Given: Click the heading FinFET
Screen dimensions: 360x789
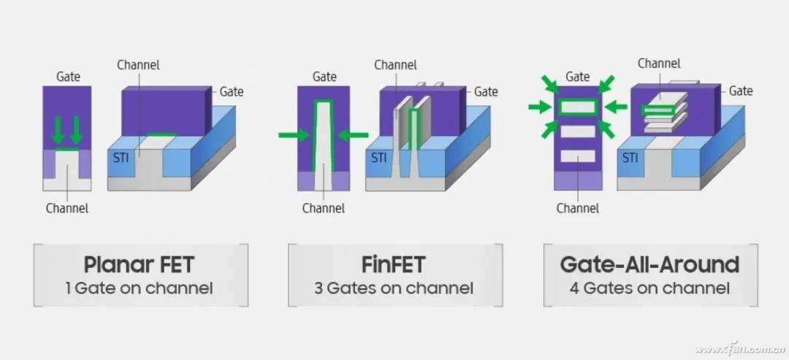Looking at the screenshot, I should [x=394, y=264].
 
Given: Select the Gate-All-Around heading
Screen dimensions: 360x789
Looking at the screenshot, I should [x=649, y=264].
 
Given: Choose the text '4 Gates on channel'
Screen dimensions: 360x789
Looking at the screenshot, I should [x=649, y=288].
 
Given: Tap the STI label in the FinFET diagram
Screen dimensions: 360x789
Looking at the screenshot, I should [x=378, y=156].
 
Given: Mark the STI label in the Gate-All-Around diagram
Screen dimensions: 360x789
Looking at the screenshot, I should [x=630, y=157].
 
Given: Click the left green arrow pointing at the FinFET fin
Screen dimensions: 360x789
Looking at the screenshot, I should [x=293, y=134].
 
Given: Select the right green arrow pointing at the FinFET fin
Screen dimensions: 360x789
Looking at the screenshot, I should [x=354, y=134].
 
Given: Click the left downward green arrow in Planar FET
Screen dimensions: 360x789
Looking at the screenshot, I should [x=58, y=130].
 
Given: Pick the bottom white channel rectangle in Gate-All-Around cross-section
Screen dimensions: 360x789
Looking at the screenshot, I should [x=578, y=156].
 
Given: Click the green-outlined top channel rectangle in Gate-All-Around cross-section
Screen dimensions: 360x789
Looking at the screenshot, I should [x=578, y=107].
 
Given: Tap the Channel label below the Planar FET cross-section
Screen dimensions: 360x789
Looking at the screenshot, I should [x=66, y=208].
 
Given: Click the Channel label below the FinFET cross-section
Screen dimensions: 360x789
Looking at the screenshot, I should [x=324, y=208].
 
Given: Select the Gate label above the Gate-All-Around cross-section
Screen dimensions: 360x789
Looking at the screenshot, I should [x=578, y=77].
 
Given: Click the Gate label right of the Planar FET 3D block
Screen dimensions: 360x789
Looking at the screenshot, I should [x=232, y=92].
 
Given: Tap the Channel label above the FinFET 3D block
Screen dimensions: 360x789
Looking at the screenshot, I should [x=395, y=65].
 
